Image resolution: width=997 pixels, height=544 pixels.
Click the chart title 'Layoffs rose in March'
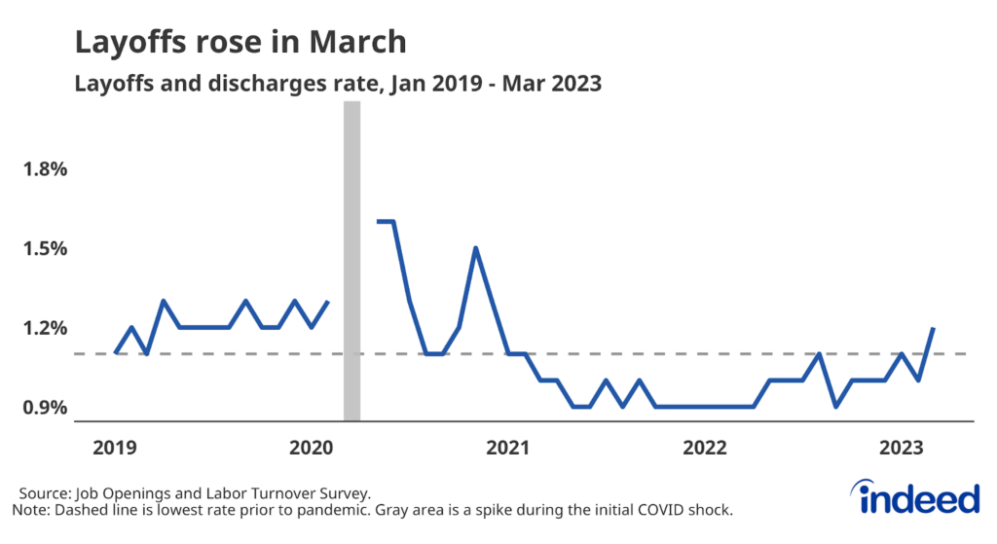click(x=240, y=43)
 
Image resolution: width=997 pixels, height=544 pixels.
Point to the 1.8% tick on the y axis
click(x=46, y=169)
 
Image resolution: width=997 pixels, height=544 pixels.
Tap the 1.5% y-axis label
click(x=46, y=248)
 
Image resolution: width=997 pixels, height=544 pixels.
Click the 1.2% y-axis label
click(x=46, y=328)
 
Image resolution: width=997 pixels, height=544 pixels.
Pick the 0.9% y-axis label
click(x=46, y=407)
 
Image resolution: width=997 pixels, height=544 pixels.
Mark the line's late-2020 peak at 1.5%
click(x=475, y=248)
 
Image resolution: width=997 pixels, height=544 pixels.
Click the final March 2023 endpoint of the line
click(x=935, y=328)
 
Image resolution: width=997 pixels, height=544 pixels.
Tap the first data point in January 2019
click(x=115, y=353)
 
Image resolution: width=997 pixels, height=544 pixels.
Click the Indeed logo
click(x=920, y=496)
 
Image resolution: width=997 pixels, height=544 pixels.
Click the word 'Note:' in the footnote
click(x=31, y=510)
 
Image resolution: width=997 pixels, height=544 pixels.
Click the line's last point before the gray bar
click(x=328, y=302)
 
